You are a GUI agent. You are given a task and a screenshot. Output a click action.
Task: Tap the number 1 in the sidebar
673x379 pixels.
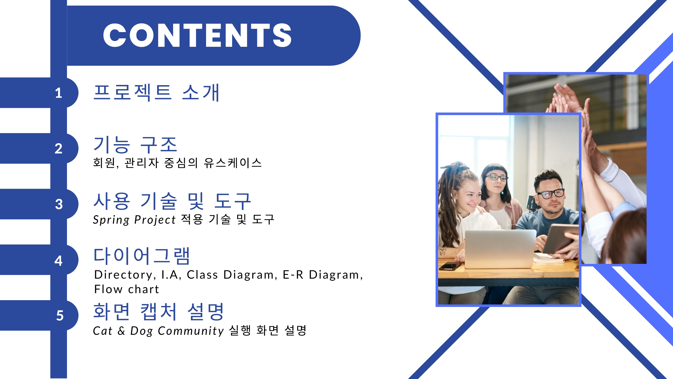[x=58, y=93]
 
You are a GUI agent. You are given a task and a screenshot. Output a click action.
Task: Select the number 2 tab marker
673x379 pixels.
[x=58, y=149]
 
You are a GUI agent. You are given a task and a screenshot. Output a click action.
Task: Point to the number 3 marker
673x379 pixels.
[x=59, y=204]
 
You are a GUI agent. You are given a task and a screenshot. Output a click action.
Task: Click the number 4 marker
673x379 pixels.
[x=58, y=261]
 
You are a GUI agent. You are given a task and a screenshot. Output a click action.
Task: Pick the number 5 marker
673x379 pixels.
[x=60, y=315]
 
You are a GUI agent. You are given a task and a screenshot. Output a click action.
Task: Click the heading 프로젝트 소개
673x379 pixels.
[x=157, y=93]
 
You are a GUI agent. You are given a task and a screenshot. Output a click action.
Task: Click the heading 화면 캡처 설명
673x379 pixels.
[x=159, y=312]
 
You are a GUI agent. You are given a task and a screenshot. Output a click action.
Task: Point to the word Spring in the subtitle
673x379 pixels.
[x=111, y=220]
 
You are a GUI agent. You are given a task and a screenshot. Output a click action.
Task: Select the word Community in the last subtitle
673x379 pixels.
[x=191, y=331]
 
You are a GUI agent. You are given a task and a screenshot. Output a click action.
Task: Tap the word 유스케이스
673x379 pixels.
[x=233, y=163]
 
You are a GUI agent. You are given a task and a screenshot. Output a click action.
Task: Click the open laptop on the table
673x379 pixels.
[x=500, y=248]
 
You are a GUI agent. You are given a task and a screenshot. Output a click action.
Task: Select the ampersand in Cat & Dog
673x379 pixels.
[x=121, y=331]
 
